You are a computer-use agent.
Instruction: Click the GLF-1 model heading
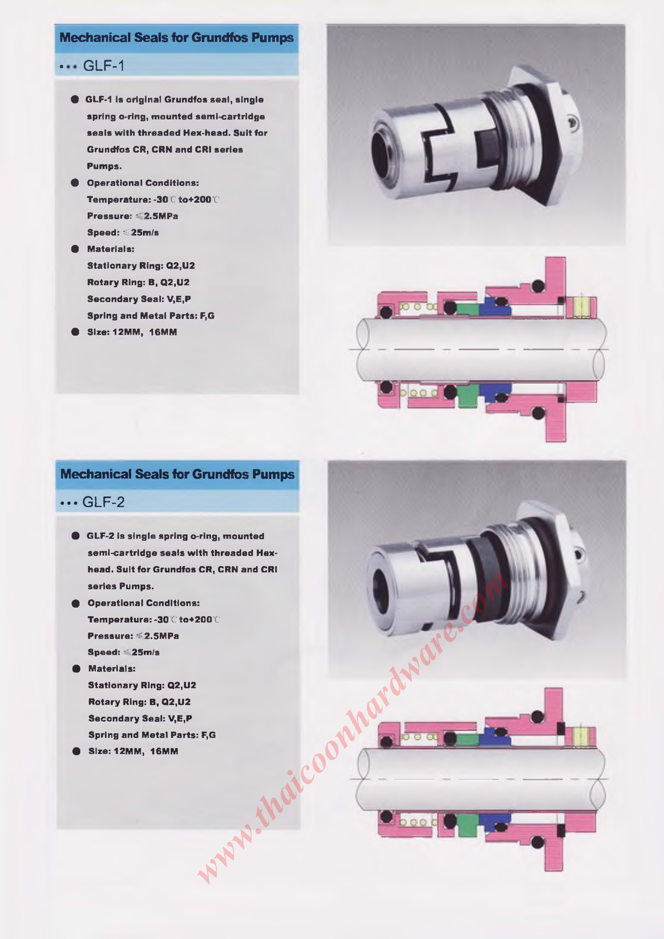pos(104,65)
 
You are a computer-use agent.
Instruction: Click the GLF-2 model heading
pos(104,502)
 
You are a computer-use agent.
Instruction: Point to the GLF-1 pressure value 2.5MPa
pos(161,216)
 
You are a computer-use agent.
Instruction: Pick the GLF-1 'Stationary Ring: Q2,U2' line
pos(141,266)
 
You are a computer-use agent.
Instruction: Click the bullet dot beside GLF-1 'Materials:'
pos(75,249)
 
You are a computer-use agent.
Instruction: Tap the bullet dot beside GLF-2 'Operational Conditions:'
pos(76,603)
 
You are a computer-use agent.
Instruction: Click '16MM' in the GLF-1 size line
pos(163,332)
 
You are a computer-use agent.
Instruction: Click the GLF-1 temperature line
pos(153,200)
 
